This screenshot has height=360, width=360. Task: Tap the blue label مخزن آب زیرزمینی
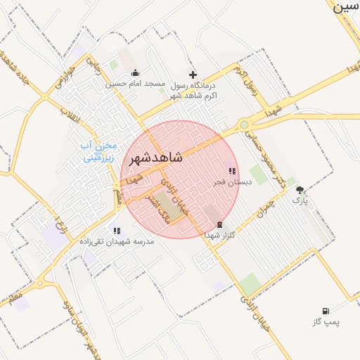pyautogui.click(x=97, y=152)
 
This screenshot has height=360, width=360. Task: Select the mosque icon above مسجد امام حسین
pyautogui.click(x=135, y=73)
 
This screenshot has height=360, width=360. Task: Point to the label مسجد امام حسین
pyautogui.click(x=136, y=84)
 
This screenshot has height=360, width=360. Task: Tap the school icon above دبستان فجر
pyautogui.click(x=231, y=171)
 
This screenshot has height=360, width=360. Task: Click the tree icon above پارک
pyautogui.click(x=300, y=190)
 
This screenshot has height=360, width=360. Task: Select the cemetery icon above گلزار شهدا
pyautogui.click(x=219, y=225)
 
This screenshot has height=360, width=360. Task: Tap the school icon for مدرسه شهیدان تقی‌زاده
pyautogui.click(x=117, y=230)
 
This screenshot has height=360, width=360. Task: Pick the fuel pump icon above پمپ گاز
pyautogui.click(x=325, y=311)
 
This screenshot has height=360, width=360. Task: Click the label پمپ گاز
pyautogui.click(x=326, y=322)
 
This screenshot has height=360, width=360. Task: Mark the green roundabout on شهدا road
pyautogui.click(x=244, y=125)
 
